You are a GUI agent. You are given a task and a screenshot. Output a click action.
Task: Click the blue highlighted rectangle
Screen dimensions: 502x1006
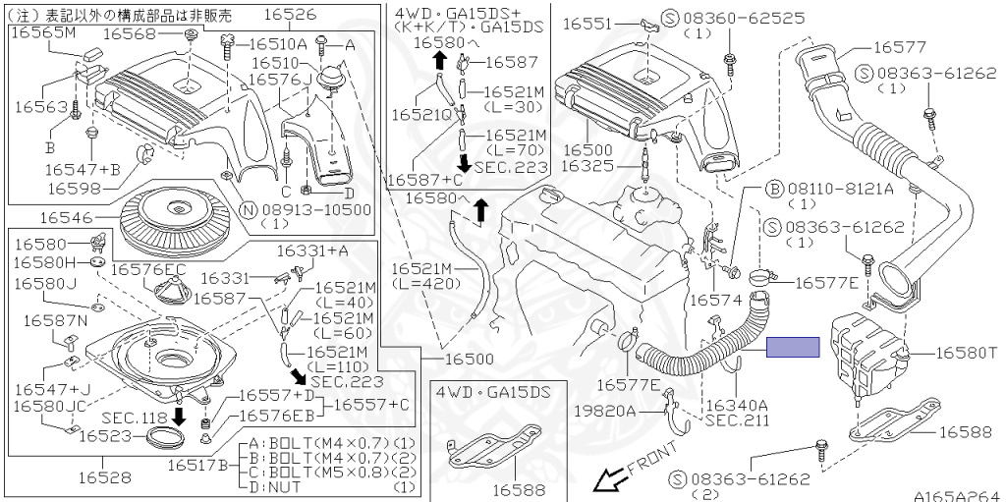(x=793, y=346)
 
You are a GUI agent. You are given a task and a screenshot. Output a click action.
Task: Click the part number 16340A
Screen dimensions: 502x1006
(x=737, y=404)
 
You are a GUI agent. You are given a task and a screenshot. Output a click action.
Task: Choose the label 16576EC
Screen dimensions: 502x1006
(x=148, y=268)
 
